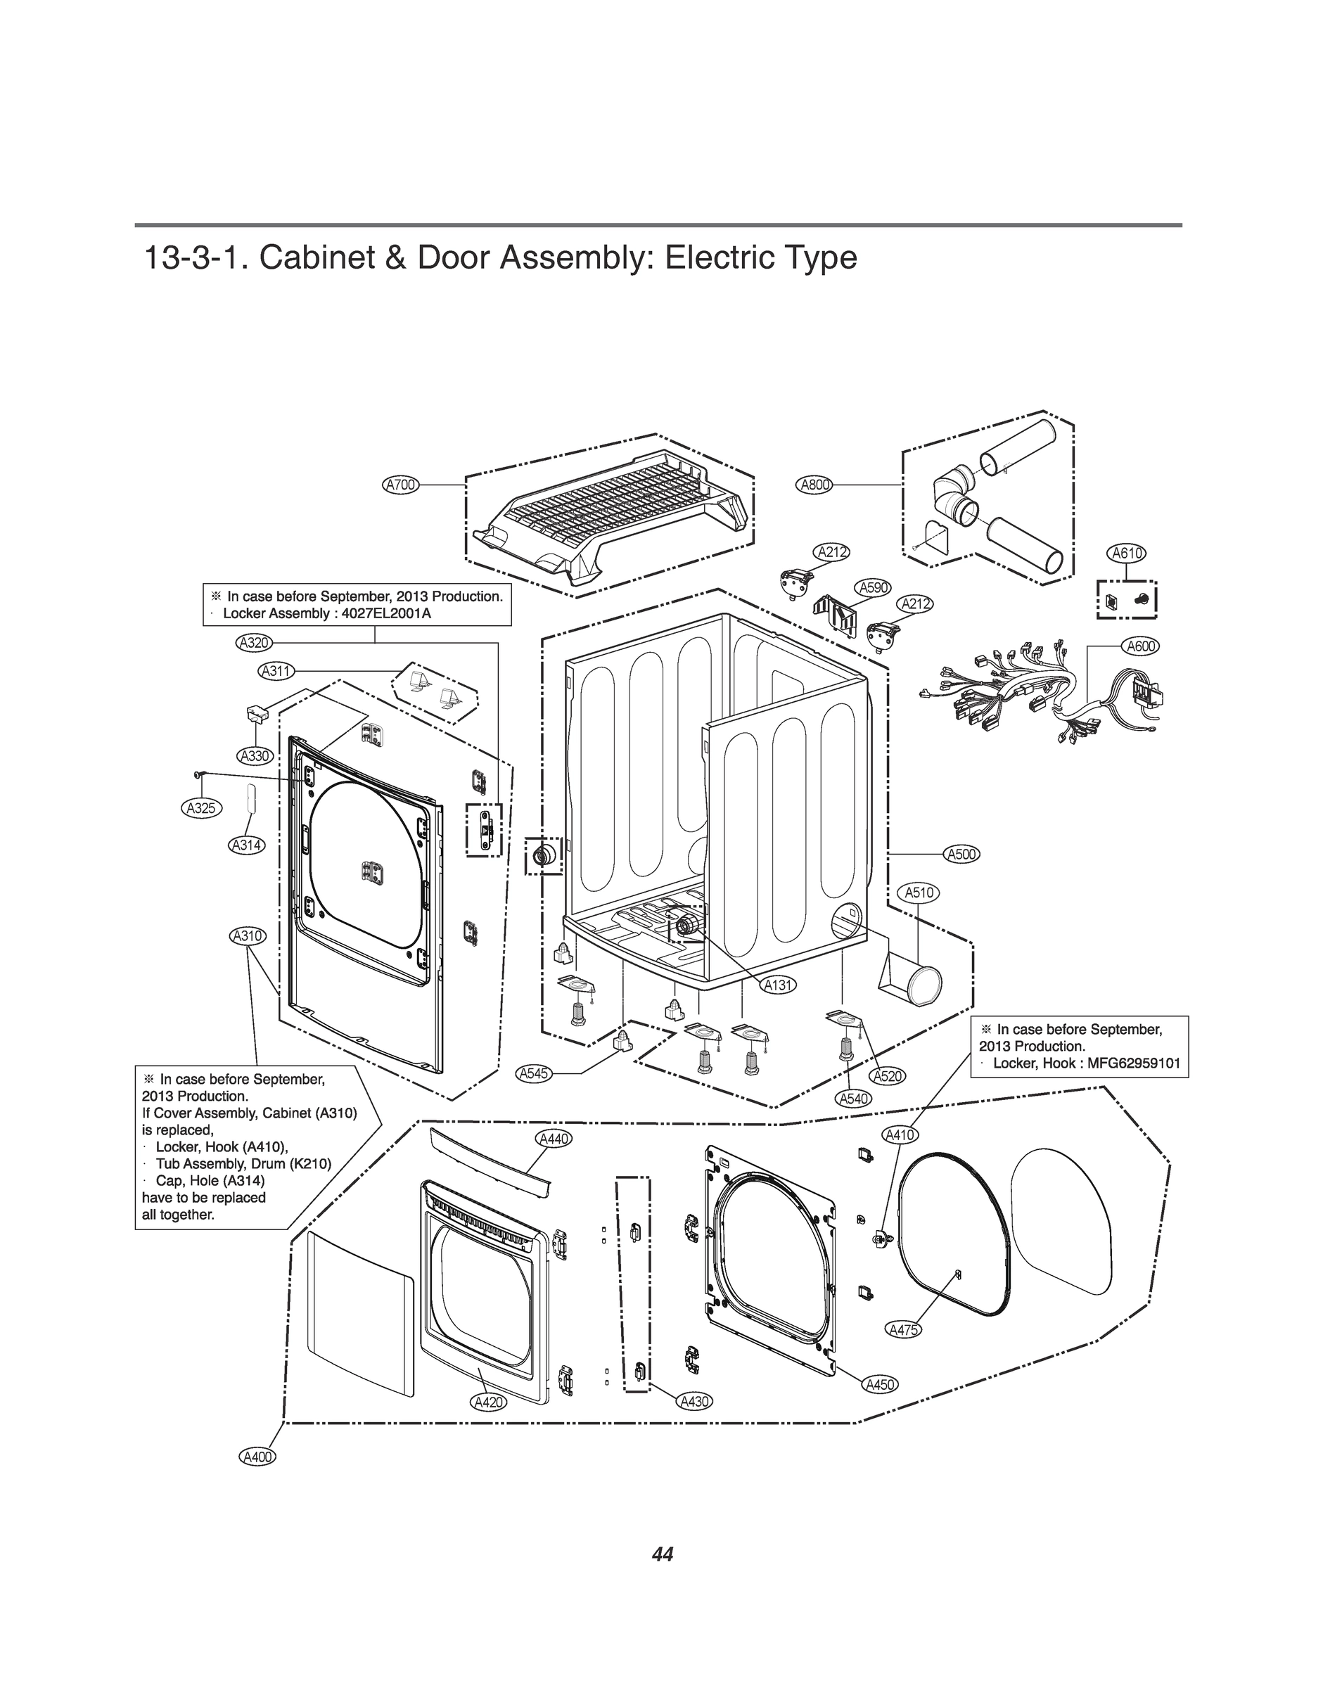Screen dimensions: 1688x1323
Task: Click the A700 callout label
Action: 401,485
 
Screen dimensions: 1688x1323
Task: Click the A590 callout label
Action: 874,588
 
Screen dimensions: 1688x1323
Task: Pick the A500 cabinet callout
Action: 961,854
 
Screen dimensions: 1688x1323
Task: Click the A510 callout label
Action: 919,893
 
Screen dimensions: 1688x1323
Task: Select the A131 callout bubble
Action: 779,985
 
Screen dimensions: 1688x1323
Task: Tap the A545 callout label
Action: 534,1074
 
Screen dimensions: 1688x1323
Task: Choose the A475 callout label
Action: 903,1330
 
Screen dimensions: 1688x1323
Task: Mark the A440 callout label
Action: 553,1138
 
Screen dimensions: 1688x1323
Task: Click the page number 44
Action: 663,1554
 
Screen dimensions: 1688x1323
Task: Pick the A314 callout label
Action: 246,845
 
